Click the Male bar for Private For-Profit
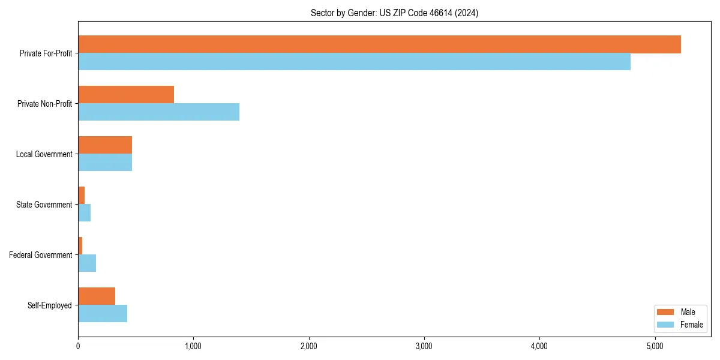(379, 44)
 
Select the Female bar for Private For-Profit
(354, 62)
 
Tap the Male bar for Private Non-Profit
(126, 95)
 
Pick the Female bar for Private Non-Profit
(158, 112)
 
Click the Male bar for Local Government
(105, 145)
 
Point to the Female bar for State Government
(85, 213)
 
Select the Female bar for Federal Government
(87, 263)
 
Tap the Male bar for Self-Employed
(97, 296)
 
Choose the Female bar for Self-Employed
(103, 314)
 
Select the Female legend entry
(680, 325)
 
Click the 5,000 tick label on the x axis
(655, 346)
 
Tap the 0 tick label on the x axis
(78, 346)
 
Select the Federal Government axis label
(41, 255)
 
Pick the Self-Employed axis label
(50, 305)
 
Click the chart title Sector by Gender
(394, 13)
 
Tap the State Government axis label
(44, 205)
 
